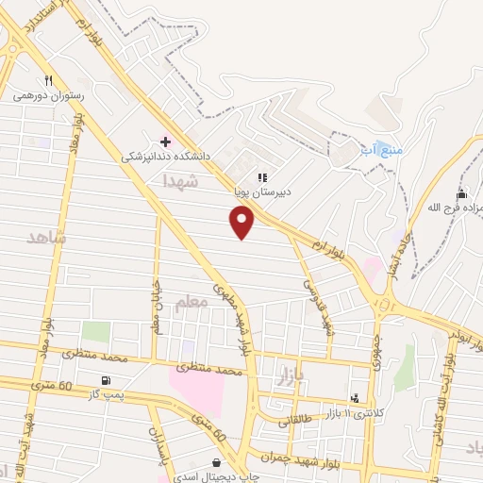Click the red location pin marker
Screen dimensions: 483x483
click(243, 221)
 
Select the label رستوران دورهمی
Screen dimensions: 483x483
click(49, 95)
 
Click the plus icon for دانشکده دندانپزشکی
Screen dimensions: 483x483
click(166, 142)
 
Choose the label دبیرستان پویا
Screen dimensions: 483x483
click(263, 191)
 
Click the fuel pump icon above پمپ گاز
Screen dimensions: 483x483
click(103, 380)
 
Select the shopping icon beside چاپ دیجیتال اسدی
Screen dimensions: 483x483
click(219, 463)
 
